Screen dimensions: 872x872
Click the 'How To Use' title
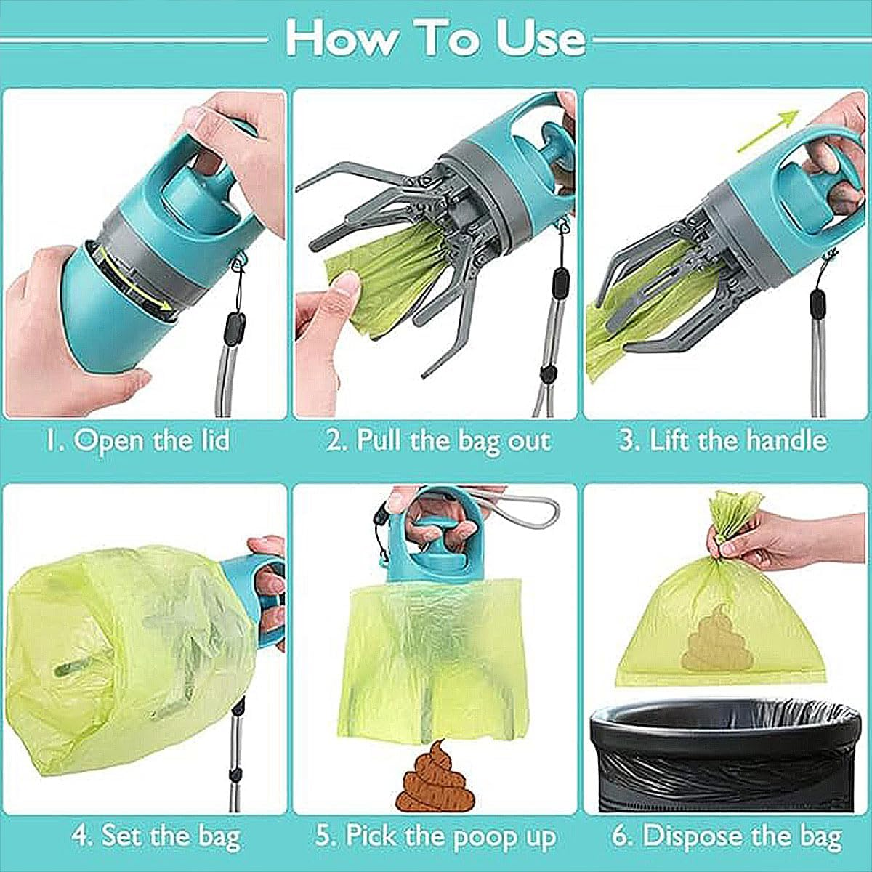[x=435, y=38]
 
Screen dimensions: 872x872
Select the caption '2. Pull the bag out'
[x=438, y=441]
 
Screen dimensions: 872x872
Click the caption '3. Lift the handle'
[x=723, y=440]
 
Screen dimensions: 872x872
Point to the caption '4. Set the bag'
[x=156, y=835]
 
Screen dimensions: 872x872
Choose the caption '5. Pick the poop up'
[x=436, y=835]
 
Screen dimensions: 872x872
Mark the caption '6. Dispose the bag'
[x=727, y=835]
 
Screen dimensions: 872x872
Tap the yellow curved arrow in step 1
[x=138, y=280]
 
